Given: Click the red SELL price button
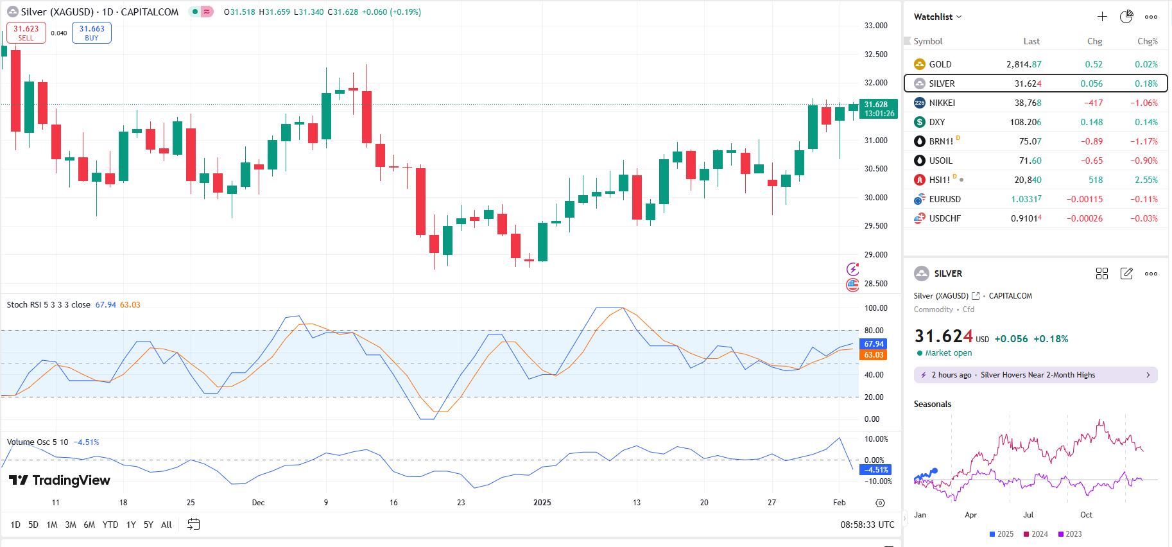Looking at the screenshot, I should point(26,33).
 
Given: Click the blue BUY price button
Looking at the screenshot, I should point(92,33).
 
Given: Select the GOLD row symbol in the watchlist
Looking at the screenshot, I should point(940,64).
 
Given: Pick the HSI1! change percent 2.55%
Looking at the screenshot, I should point(1146,180).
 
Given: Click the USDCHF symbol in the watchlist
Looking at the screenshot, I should point(945,218).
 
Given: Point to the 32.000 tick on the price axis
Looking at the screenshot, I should point(875,83).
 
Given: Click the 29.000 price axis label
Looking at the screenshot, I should point(875,255).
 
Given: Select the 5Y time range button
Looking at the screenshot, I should point(148,525).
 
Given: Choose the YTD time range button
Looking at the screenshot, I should point(110,525).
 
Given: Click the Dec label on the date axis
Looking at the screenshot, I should point(258,503).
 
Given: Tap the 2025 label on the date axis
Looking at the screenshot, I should point(542,503).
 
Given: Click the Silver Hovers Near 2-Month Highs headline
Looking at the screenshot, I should point(1037,375).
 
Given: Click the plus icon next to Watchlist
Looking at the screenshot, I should point(1102,17).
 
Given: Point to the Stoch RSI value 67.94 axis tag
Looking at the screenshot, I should point(874,344).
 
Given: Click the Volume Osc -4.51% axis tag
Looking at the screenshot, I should point(876,470).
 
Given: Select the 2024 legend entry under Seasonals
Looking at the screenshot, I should point(1035,534).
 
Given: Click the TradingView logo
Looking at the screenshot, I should point(60,480).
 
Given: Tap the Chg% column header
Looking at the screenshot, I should point(1147,41).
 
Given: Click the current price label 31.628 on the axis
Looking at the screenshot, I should point(879,105).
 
